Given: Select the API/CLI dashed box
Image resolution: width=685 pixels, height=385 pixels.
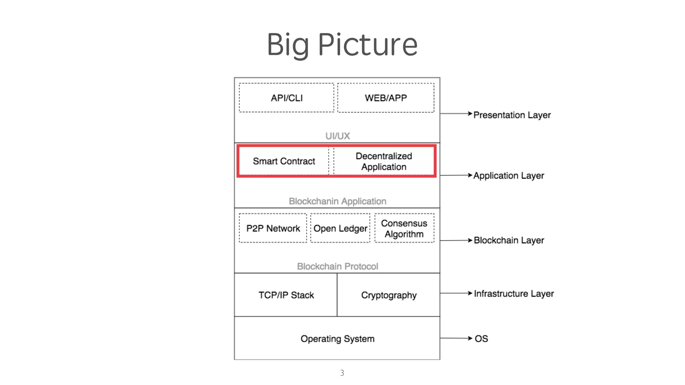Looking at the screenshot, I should click(286, 98).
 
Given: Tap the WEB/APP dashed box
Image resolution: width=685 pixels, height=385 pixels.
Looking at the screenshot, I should click(386, 98).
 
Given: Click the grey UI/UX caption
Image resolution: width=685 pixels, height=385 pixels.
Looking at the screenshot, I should click(337, 136).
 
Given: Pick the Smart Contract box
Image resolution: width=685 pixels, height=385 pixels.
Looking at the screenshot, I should click(284, 161).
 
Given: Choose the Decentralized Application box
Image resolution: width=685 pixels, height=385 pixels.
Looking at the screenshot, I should click(384, 161).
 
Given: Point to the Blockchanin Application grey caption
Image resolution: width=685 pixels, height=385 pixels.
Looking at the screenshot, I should click(337, 201).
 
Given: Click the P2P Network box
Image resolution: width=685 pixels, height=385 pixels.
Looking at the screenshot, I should click(273, 228).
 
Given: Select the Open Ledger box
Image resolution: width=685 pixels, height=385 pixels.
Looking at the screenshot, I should click(340, 228).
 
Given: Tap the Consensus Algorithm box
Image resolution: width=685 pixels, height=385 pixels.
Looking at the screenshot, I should click(404, 228).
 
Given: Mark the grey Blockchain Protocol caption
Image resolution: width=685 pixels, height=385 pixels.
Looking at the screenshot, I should click(337, 266).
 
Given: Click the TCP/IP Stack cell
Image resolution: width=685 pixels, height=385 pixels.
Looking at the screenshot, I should click(286, 295).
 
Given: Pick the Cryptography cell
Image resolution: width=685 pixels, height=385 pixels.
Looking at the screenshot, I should click(389, 295).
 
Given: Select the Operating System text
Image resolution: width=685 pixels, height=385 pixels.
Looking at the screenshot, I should click(337, 339).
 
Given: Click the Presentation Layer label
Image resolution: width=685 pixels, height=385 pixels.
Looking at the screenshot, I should click(512, 115).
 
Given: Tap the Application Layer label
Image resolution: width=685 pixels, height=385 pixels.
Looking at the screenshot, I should click(508, 175).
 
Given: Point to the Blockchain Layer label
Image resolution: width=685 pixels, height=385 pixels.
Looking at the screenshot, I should click(509, 240).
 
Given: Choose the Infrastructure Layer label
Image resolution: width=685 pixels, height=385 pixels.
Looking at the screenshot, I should click(514, 293).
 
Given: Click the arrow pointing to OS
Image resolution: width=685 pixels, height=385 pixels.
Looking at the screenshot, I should click(456, 338).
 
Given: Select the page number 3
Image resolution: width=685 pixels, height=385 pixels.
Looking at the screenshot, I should click(342, 373).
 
